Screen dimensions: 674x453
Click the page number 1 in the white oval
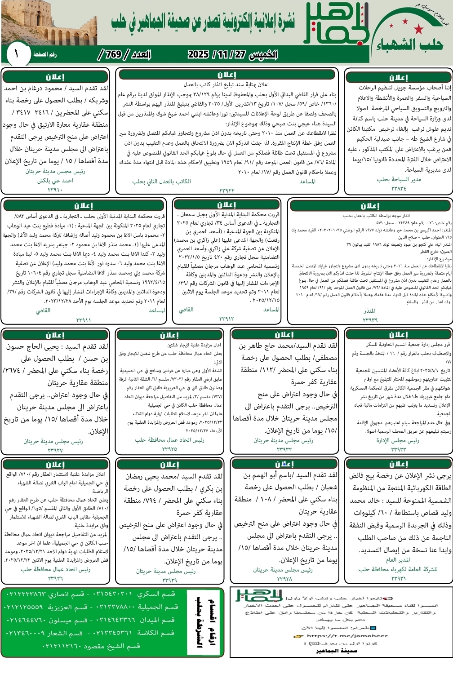[x=16, y=54]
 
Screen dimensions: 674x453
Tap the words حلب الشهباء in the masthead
[x=409, y=44]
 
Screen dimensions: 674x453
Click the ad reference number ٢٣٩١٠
[x=55, y=190]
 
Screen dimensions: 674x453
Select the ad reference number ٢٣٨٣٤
[x=399, y=188]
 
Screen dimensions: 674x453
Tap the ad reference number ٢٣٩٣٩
[x=370, y=320]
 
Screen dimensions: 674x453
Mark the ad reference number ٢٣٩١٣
[x=226, y=319]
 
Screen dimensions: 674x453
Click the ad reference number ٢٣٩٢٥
[x=169, y=449]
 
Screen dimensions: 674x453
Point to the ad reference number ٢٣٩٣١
[x=398, y=578]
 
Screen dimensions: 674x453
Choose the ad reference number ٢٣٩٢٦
[x=55, y=578]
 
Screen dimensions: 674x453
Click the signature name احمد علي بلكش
[x=55, y=181]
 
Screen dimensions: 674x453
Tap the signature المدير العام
[x=398, y=560]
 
